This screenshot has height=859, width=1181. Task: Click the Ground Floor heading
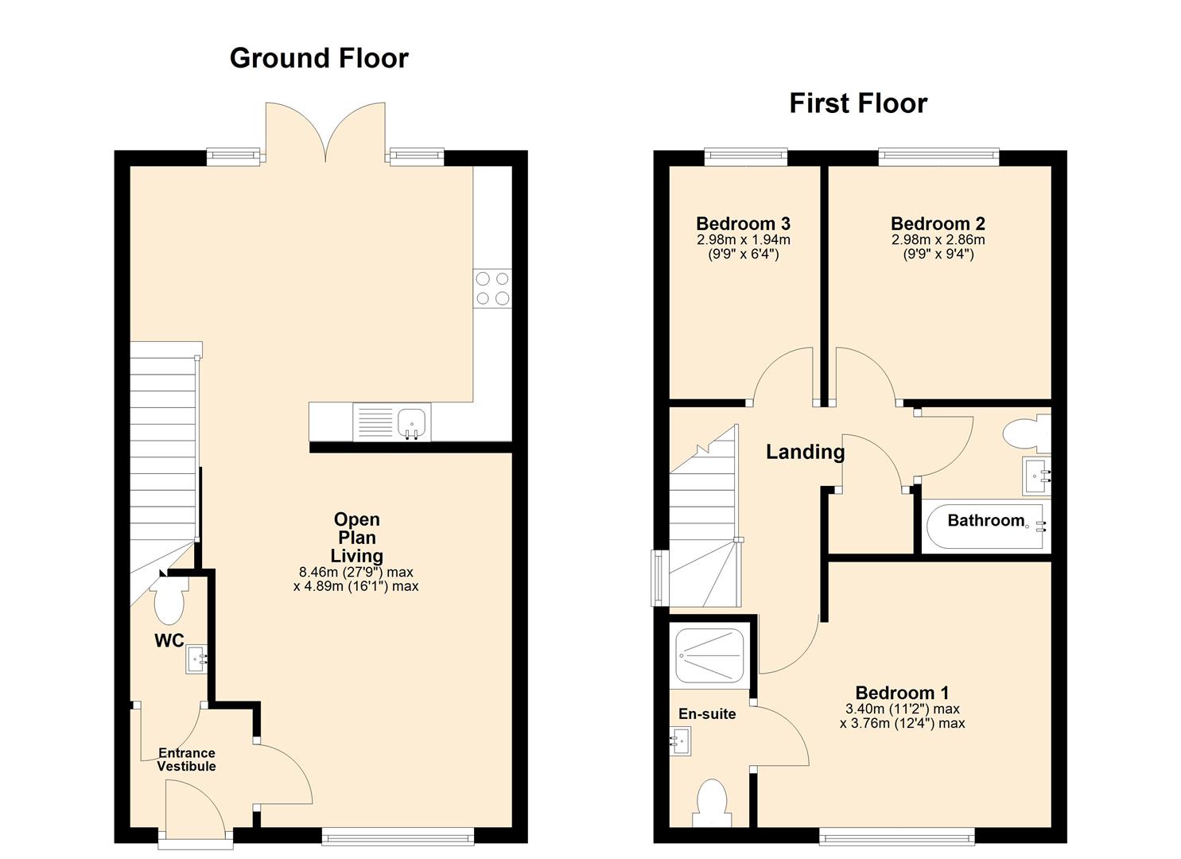(319, 58)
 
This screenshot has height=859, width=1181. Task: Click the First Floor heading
(857, 103)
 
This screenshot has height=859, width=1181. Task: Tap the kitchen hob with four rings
(492, 289)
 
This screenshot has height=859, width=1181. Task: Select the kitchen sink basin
(411, 422)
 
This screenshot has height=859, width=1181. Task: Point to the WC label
(169, 641)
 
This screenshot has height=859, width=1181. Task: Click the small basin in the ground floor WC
(196, 659)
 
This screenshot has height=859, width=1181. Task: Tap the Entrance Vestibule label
(186, 760)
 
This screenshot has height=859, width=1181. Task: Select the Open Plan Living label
(357, 538)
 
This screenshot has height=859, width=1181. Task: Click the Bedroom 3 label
(743, 223)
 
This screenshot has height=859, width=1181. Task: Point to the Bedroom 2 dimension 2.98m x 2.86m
(938, 239)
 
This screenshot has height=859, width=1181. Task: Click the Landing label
(805, 452)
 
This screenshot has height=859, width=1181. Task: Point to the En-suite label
(706, 714)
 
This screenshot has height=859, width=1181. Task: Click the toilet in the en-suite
(711, 803)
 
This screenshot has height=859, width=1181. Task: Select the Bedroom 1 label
(902, 693)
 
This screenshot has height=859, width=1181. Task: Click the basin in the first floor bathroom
(1036, 476)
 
